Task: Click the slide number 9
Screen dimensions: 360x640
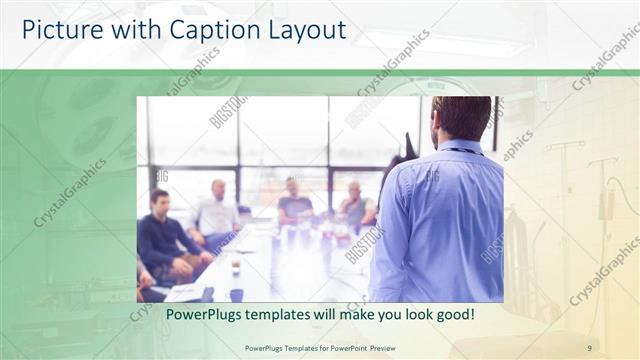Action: point(589,347)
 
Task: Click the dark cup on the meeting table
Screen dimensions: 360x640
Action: point(236,294)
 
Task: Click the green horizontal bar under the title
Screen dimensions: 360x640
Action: point(320,72)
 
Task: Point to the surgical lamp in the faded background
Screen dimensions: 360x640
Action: point(80,110)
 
